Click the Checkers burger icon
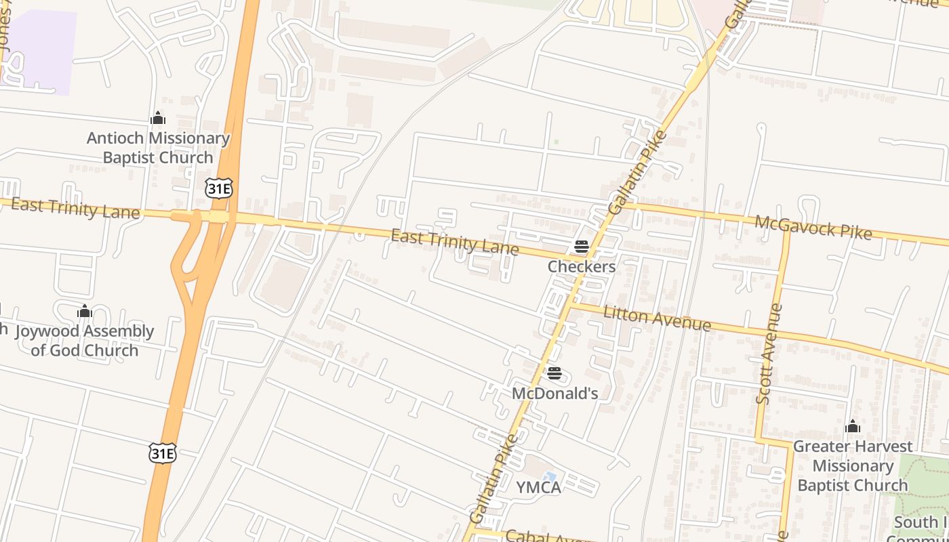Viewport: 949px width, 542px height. (x=581, y=247)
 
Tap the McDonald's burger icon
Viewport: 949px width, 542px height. (x=554, y=373)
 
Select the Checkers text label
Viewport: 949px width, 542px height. (x=582, y=266)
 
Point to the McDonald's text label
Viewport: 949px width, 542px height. (x=554, y=393)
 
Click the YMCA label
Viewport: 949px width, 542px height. (x=538, y=487)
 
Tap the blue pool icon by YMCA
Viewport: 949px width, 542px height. (x=550, y=477)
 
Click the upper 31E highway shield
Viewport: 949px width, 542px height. (x=219, y=189)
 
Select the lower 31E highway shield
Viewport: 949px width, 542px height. (x=163, y=453)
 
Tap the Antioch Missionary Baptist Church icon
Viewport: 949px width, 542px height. (x=158, y=119)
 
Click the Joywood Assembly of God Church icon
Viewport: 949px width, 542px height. (x=85, y=311)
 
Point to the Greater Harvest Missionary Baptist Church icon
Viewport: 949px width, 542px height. (x=853, y=427)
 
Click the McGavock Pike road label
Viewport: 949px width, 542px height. (x=813, y=228)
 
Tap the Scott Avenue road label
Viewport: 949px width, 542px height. (x=769, y=354)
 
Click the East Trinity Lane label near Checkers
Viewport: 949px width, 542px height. (x=455, y=243)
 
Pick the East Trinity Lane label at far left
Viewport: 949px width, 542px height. (x=75, y=209)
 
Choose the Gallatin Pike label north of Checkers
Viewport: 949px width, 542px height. (x=637, y=173)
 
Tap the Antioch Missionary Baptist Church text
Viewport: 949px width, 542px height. (x=158, y=148)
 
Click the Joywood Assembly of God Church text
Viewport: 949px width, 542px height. (x=85, y=341)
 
